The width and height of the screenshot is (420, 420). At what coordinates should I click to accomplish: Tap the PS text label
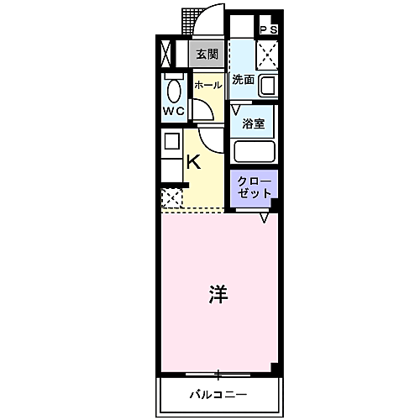tap(269, 30)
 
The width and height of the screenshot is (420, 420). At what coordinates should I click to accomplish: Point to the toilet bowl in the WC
tap(174, 90)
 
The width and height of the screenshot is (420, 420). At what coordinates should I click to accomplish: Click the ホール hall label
tap(208, 85)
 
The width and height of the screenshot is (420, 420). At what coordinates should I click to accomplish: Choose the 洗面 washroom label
tap(244, 81)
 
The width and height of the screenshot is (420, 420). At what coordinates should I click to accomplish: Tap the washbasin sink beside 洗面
tap(268, 87)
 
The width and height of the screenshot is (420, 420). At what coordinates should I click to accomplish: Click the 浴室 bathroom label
tap(254, 123)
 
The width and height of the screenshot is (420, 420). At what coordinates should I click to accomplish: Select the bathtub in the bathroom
tap(255, 151)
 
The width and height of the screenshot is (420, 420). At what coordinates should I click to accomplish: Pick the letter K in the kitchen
tap(193, 161)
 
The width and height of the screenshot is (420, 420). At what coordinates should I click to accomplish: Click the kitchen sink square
tap(171, 140)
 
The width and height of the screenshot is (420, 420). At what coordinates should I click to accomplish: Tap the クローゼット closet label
tap(254, 186)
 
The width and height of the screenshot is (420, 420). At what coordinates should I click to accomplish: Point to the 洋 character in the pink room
tap(218, 294)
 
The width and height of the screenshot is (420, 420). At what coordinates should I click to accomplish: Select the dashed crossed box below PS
tap(268, 55)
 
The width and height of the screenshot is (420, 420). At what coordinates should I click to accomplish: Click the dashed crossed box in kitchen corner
tap(171, 198)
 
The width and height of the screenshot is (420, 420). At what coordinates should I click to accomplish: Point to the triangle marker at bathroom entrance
tap(236, 109)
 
